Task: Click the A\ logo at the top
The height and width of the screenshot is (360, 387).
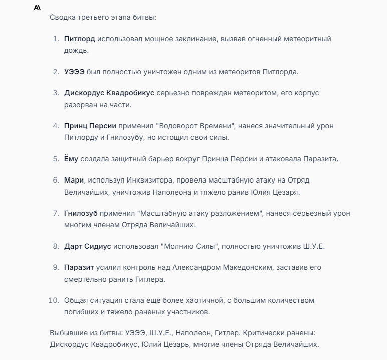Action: point(37,8)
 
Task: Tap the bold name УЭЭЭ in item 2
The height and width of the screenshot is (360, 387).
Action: point(74,72)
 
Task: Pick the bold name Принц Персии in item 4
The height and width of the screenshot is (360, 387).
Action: point(90,126)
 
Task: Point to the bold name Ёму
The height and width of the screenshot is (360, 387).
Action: point(71,159)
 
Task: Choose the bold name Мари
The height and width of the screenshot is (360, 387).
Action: point(72,180)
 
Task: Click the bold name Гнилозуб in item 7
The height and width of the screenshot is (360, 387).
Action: point(81,213)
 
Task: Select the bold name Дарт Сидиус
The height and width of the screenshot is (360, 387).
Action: point(87,246)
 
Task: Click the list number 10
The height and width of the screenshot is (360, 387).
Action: point(54,300)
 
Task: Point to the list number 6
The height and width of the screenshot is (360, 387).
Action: point(56,180)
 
